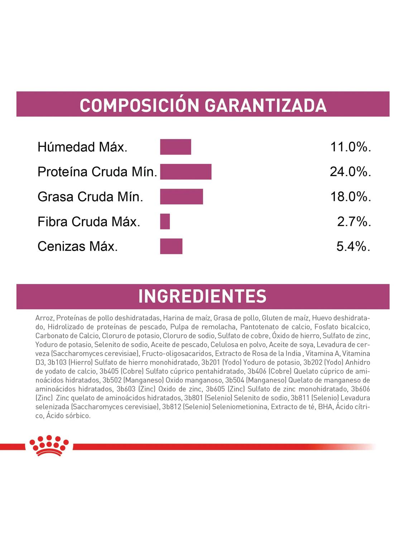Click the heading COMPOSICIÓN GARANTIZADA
pyautogui.click(x=203, y=105)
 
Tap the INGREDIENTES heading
pyautogui.click(x=202, y=296)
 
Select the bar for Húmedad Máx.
pyautogui.click(x=176, y=147)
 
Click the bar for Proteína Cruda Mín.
pyautogui.click(x=186, y=172)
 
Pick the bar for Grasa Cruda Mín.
pyautogui.click(x=181, y=197)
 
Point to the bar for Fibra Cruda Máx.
pyautogui.click(x=165, y=222)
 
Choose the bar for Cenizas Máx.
pyautogui.click(x=171, y=246)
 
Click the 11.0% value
pyautogui.click(x=350, y=147)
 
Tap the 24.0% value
pyautogui.click(x=350, y=172)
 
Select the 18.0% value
pyautogui.click(x=350, y=197)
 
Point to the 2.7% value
pyautogui.click(x=354, y=222)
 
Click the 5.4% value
pyautogui.click(x=353, y=246)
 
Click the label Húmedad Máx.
pyautogui.click(x=82, y=147)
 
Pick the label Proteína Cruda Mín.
pyautogui.click(x=97, y=172)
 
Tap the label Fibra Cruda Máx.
pyautogui.click(x=88, y=222)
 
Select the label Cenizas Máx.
pyautogui.click(x=77, y=247)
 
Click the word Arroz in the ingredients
pyautogui.click(x=44, y=318)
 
